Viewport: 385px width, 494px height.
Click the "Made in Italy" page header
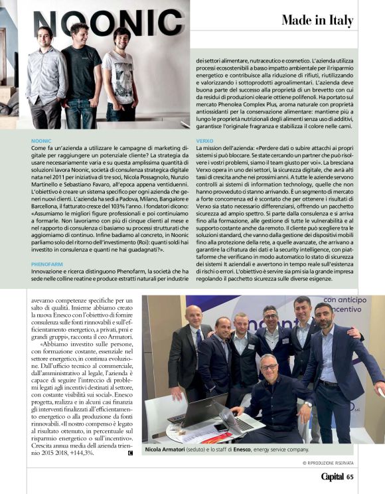317,20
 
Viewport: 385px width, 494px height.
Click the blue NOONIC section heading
41,141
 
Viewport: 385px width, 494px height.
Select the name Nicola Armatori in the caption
167,449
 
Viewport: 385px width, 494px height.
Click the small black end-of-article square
130,453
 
